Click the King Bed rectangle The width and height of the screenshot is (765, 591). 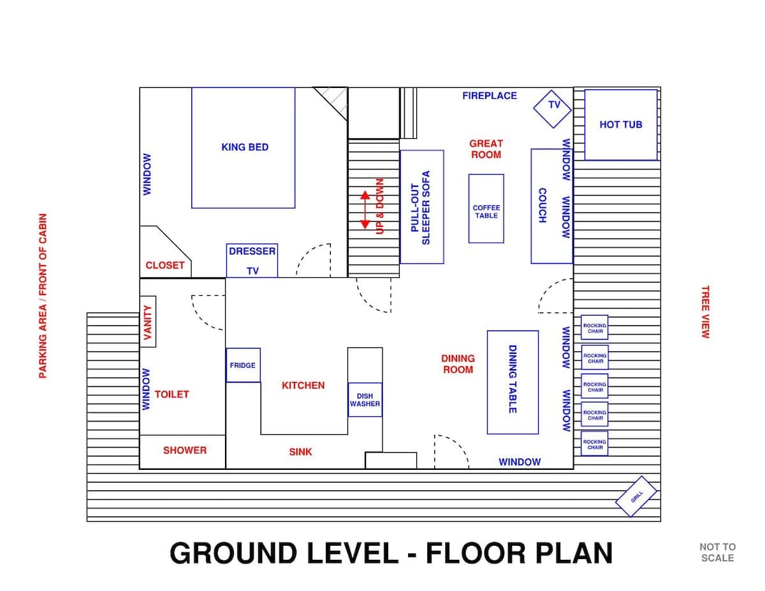click(x=243, y=147)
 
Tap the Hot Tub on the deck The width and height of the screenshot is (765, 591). click(x=621, y=124)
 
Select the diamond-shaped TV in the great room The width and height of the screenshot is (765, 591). click(x=552, y=109)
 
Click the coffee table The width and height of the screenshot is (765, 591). click(x=486, y=208)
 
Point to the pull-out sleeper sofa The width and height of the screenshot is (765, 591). click(x=422, y=207)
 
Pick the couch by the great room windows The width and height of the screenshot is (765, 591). click(x=551, y=207)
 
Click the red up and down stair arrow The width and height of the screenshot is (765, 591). click(x=365, y=210)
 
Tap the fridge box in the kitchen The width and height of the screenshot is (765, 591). click(x=243, y=365)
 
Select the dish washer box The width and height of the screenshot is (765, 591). click(x=365, y=400)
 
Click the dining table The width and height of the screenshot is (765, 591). click(x=513, y=383)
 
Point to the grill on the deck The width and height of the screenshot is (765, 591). click(x=636, y=496)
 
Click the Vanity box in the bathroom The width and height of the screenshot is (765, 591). click(x=148, y=321)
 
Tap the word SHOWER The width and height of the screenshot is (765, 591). click(x=185, y=450)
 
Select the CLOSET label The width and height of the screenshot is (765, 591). click(x=164, y=265)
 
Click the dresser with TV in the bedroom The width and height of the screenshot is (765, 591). click(x=252, y=261)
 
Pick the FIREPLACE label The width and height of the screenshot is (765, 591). click(x=490, y=96)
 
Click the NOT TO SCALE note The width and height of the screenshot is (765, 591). click(x=717, y=552)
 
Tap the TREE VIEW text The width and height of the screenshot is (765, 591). click(x=706, y=312)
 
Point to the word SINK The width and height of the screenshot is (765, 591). click(x=300, y=452)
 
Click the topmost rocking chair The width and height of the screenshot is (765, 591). click(x=594, y=327)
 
